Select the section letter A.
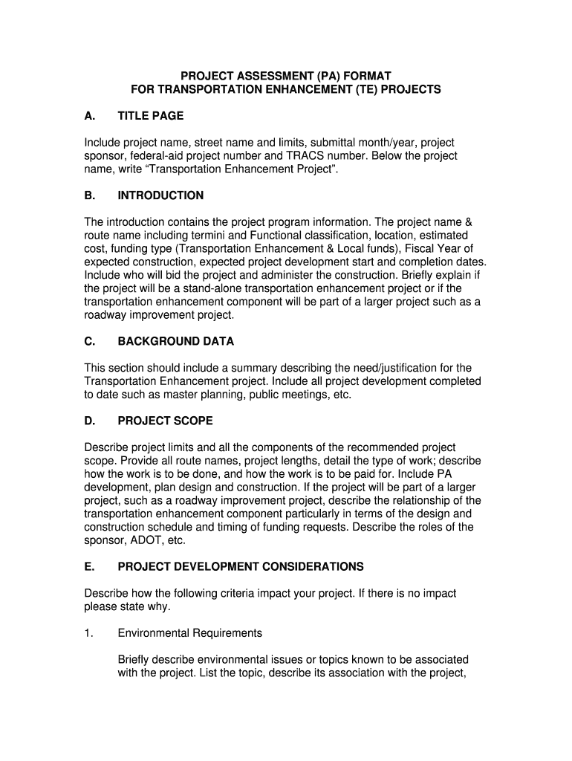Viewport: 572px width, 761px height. (x=89, y=116)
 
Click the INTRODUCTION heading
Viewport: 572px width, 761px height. (x=160, y=195)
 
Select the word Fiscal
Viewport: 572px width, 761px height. (x=420, y=249)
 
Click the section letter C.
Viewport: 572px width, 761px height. (x=89, y=342)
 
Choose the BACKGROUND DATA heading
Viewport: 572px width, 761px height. (x=176, y=342)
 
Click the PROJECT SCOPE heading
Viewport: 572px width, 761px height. (x=166, y=421)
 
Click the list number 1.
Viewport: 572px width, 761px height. (x=88, y=633)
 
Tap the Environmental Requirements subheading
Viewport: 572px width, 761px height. (x=190, y=633)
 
